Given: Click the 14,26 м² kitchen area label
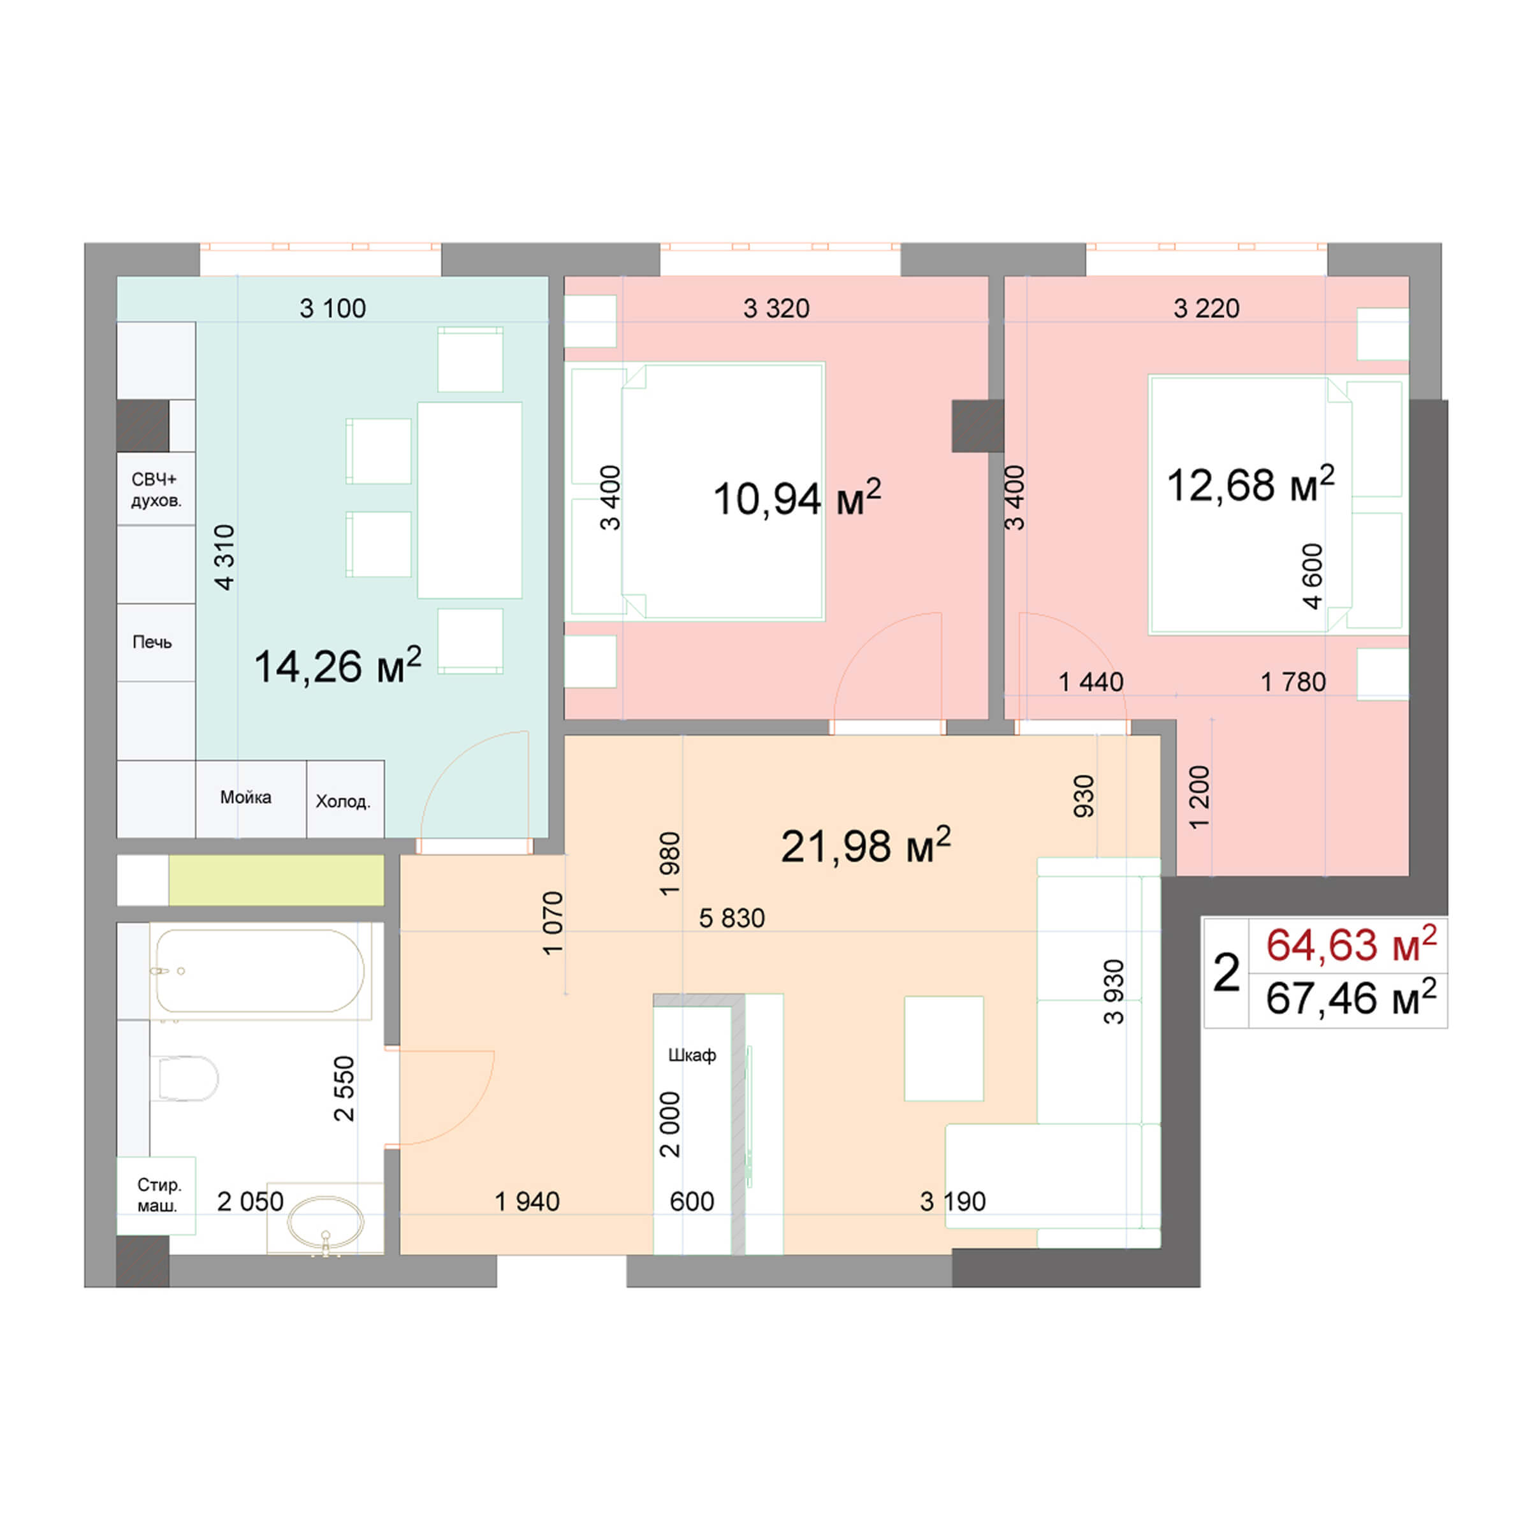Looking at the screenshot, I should [x=337, y=666].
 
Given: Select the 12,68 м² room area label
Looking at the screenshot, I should [x=1250, y=484].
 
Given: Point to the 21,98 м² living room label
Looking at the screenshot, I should [x=865, y=846].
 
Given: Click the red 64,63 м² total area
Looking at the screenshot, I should [x=1351, y=945].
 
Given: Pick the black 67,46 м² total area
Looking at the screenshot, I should [x=1351, y=998].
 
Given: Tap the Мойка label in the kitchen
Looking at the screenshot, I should [x=245, y=797].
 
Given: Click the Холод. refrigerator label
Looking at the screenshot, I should [x=343, y=801].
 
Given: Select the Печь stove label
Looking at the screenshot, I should [x=152, y=641].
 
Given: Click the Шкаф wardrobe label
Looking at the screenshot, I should [x=692, y=1055].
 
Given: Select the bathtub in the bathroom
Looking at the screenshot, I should [x=259, y=970].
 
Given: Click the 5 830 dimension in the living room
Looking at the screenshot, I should [x=732, y=918].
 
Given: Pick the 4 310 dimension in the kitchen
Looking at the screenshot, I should [x=225, y=558].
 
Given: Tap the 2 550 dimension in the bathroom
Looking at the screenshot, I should [x=344, y=1088].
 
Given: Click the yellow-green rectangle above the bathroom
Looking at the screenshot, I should [x=275, y=880].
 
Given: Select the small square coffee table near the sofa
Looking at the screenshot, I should [x=943, y=1047].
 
